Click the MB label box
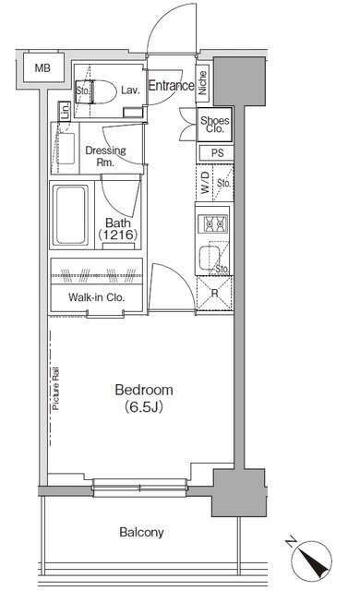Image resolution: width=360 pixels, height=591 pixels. (42, 67)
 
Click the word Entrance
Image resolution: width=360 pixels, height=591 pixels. (172, 86)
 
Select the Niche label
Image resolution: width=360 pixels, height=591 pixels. (203, 82)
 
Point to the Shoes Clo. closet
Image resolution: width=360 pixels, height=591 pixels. (215, 125)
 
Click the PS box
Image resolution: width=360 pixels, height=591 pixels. (216, 153)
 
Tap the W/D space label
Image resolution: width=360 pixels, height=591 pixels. (205, 182)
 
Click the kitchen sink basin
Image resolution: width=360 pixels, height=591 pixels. (209, 258)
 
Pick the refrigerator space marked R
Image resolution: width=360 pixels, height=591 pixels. (215, 294)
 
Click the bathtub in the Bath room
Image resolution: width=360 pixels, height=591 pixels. (70, 214)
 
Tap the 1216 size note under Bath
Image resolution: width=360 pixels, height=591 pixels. (118, 235)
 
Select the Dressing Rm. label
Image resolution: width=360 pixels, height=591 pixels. (106, 156)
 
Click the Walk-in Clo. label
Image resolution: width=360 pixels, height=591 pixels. (96, 297)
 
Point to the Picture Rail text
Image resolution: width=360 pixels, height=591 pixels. (55, 388)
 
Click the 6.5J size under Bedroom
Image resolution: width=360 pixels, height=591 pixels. (144, 406)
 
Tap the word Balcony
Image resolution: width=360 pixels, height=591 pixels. (141, 532)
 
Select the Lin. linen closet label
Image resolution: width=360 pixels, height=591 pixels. (66, 111)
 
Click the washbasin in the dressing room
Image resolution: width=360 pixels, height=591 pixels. (65, 148)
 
